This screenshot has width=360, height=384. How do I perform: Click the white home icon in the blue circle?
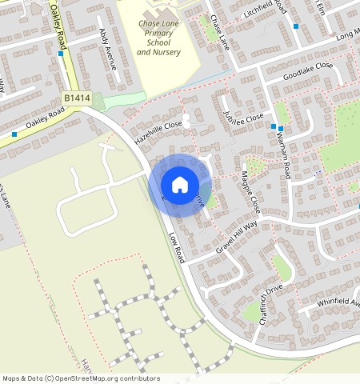pyautogui.click(x=180, y=185)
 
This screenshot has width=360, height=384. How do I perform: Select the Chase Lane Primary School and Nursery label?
pyautogui.click(x=158, y=38)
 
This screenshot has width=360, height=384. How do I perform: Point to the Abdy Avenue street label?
pyautogui.click(x=106, y=49)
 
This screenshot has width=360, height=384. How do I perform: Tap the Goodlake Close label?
pyautogui.click(x=307, y=70)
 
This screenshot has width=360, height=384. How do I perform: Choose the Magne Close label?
pyautogui.click(x=250, y=192)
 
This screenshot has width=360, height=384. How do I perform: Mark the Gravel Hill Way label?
pyautogui.click(x=237, y=238)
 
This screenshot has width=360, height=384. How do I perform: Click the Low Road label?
pyautogui.click(x=176, y=248)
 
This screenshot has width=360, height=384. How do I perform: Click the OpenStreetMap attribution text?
pyautogui.click(x=81, y=378)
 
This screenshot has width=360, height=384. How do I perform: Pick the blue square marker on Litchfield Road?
pyautogui.click(x=296, y=26)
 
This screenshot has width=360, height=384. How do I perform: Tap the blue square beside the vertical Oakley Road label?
pyautogui.click(x=61, y=54)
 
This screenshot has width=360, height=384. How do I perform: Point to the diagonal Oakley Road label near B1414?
pyautogui.click(x=44, y=124)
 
